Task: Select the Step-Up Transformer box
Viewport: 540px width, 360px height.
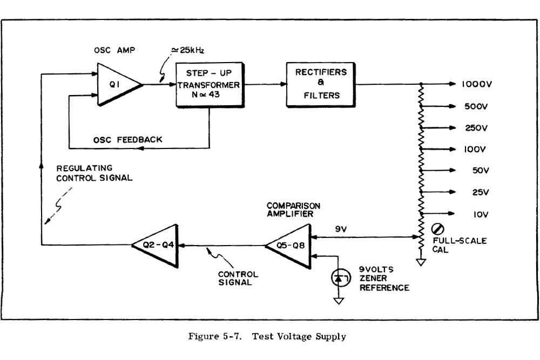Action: [210, 85]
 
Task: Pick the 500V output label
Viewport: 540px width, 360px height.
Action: [477, 106]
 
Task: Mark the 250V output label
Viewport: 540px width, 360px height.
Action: [477, 128]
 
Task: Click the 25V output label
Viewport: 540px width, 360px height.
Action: [479, 192]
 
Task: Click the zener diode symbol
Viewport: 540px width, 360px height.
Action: [338, 278]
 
